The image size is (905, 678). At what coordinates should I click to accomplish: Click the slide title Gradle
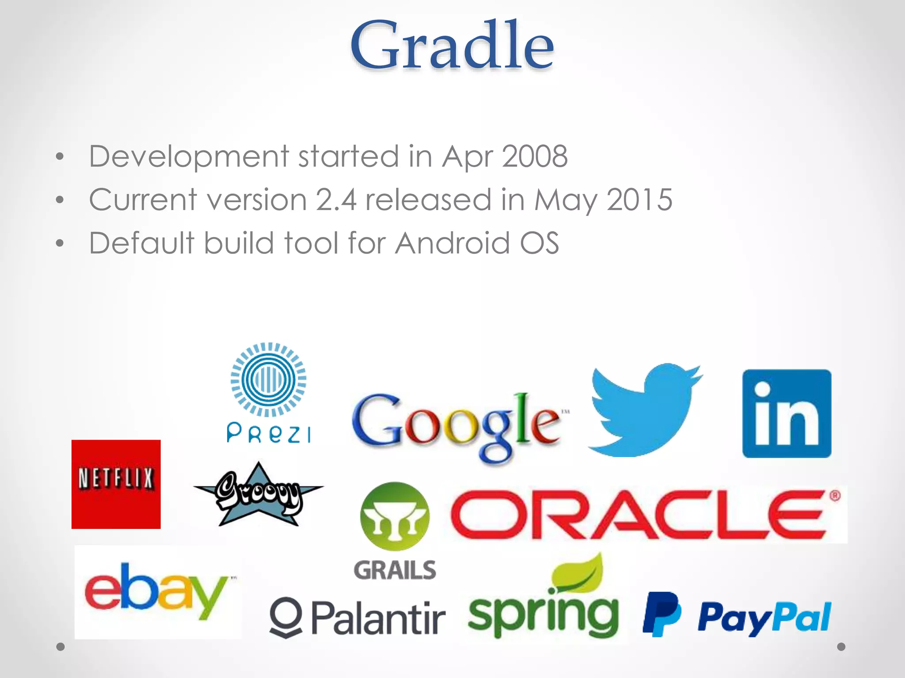452,45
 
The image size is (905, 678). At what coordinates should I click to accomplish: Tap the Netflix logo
116,484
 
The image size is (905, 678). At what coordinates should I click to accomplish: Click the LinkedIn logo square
787,414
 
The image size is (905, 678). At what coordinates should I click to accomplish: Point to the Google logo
457,426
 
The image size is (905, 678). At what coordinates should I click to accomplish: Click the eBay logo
158,591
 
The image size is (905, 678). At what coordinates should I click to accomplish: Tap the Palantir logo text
378,617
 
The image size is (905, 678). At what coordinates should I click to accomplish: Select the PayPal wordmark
764,618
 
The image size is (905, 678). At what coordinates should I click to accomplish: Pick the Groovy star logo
259,494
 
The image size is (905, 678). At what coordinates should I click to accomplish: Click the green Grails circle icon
395,516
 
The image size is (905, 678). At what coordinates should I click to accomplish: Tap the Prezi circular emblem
268,379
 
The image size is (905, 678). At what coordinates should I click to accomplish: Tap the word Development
189,156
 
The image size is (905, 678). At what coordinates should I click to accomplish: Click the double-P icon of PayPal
661,614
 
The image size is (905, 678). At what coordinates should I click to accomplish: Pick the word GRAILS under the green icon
395,570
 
